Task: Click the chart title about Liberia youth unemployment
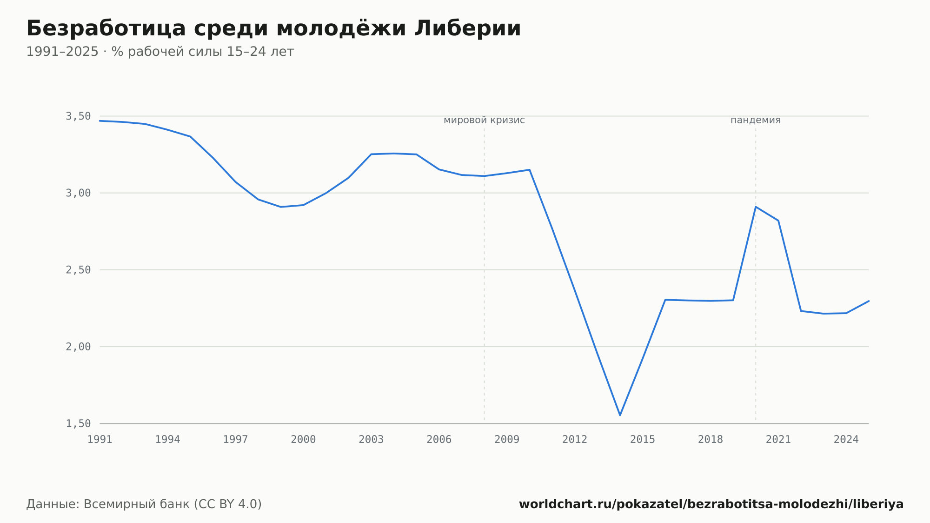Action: pos(273,28)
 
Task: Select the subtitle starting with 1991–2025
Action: pos(160,52)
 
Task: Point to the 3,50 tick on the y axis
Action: pos(78,116)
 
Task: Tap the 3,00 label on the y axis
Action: pos(78,193)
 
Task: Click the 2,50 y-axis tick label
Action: pos(78,270)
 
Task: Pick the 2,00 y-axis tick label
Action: pos(78,347)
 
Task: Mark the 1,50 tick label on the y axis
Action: pos(78,423)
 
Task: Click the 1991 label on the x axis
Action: pos(100,440)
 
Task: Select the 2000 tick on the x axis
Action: pos(303,440)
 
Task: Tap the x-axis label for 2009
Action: pos(507,440)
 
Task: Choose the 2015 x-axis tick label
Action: pos(643,440)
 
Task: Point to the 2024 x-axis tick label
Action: pos(846,440)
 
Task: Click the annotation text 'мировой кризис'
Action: pos(484,120)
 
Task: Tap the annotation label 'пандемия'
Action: pos(756,120)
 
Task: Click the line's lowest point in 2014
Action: pos(620,415)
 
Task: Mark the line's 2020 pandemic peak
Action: pos(756,207)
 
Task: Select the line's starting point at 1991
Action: pos(100,121)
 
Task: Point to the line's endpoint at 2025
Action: pos(869,301)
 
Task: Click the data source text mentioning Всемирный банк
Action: pos(144,504)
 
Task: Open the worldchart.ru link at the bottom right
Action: pos(711,504)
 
